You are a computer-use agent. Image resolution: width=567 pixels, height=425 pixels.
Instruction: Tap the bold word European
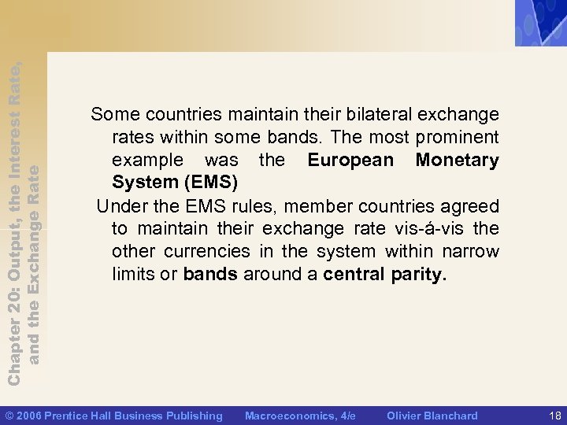pos(350,161)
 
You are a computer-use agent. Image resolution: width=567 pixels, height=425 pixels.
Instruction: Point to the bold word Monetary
pos(457,161)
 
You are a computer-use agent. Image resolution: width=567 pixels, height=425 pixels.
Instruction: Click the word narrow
pos(471,252)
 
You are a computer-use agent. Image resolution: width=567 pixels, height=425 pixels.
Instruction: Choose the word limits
pos(135,275)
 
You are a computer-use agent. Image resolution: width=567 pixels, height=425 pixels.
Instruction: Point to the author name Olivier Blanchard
pos(432,416)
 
